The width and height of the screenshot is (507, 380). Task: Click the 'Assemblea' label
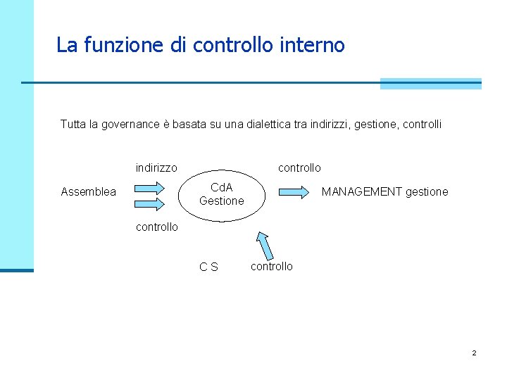89,192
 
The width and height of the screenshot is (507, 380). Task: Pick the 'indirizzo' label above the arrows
156,168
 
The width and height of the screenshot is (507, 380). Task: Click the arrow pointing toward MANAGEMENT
294,191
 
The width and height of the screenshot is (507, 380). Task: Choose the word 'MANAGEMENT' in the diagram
362,192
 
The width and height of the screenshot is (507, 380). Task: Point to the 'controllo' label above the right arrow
299,168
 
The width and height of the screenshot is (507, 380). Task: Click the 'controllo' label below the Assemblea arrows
156,227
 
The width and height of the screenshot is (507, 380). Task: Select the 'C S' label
208,267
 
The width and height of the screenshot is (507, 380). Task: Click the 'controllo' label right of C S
272,266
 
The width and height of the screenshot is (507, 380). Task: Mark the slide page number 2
474,353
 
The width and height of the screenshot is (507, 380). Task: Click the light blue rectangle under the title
430,84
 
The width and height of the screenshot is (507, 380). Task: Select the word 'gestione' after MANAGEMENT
427,192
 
